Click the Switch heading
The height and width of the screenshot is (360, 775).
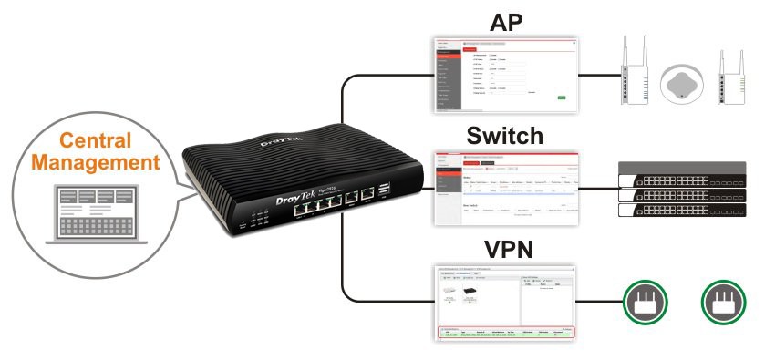(504, 137)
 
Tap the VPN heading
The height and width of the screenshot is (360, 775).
(504, 249)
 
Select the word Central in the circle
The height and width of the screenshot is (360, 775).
(97, 142)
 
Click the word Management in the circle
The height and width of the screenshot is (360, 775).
(97, 164)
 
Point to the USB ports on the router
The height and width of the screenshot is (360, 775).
(381, 190)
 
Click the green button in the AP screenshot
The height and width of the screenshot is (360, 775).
(562, 97)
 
